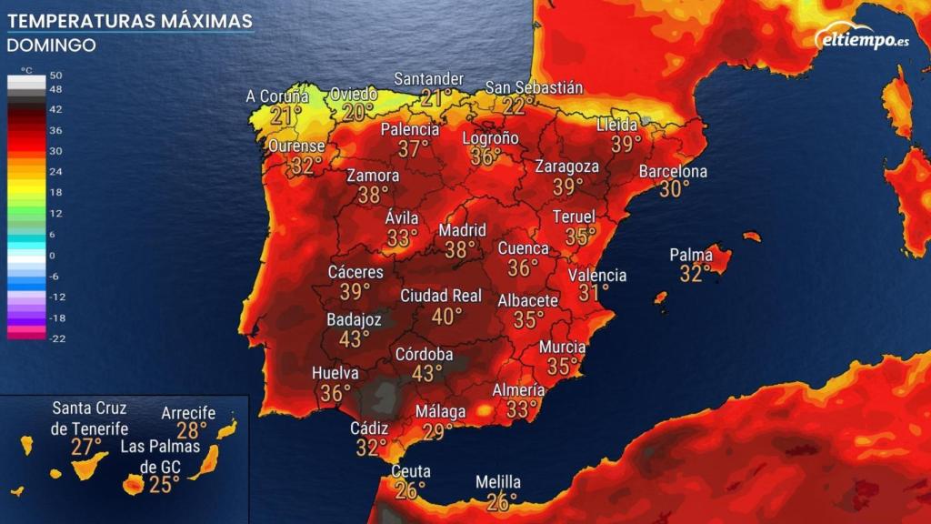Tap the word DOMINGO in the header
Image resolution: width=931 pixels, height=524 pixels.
click(x=52, y=45)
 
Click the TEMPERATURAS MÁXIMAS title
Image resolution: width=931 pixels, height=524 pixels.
click(x=130, y=20)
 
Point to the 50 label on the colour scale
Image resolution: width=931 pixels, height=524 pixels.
click(x=55, y=76)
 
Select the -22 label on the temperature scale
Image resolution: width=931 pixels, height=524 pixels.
click(x=55, y=338)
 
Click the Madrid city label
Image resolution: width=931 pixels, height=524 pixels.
click(x=463, y=230)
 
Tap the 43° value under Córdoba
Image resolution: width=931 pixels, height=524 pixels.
click(x=426, y=373)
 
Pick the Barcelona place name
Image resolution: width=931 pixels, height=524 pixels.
click(x=673, y=172)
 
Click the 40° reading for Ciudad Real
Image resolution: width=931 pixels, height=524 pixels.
click(x=446, y=316)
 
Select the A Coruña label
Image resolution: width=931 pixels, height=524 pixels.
click(x=277, y=96)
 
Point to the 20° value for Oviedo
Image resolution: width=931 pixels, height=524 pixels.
click(x=358, y=112)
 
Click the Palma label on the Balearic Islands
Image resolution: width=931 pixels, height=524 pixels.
click(x=691, y=255)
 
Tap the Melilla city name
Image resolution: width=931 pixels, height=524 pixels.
click(x=498, y=482)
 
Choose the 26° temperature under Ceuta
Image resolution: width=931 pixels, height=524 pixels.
click(x=410, y=490)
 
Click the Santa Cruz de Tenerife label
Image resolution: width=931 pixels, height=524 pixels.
click(x=89, y=418)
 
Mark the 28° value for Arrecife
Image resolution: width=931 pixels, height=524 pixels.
click(x=191, y=430)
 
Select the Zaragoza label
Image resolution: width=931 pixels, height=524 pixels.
click(x=567, y=166)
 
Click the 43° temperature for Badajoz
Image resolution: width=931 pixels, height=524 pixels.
click(x=354, y=338)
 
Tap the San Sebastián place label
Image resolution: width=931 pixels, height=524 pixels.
click(x=534, y=87)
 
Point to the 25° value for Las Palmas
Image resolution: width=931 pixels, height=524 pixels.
click(x=165, y=484)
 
